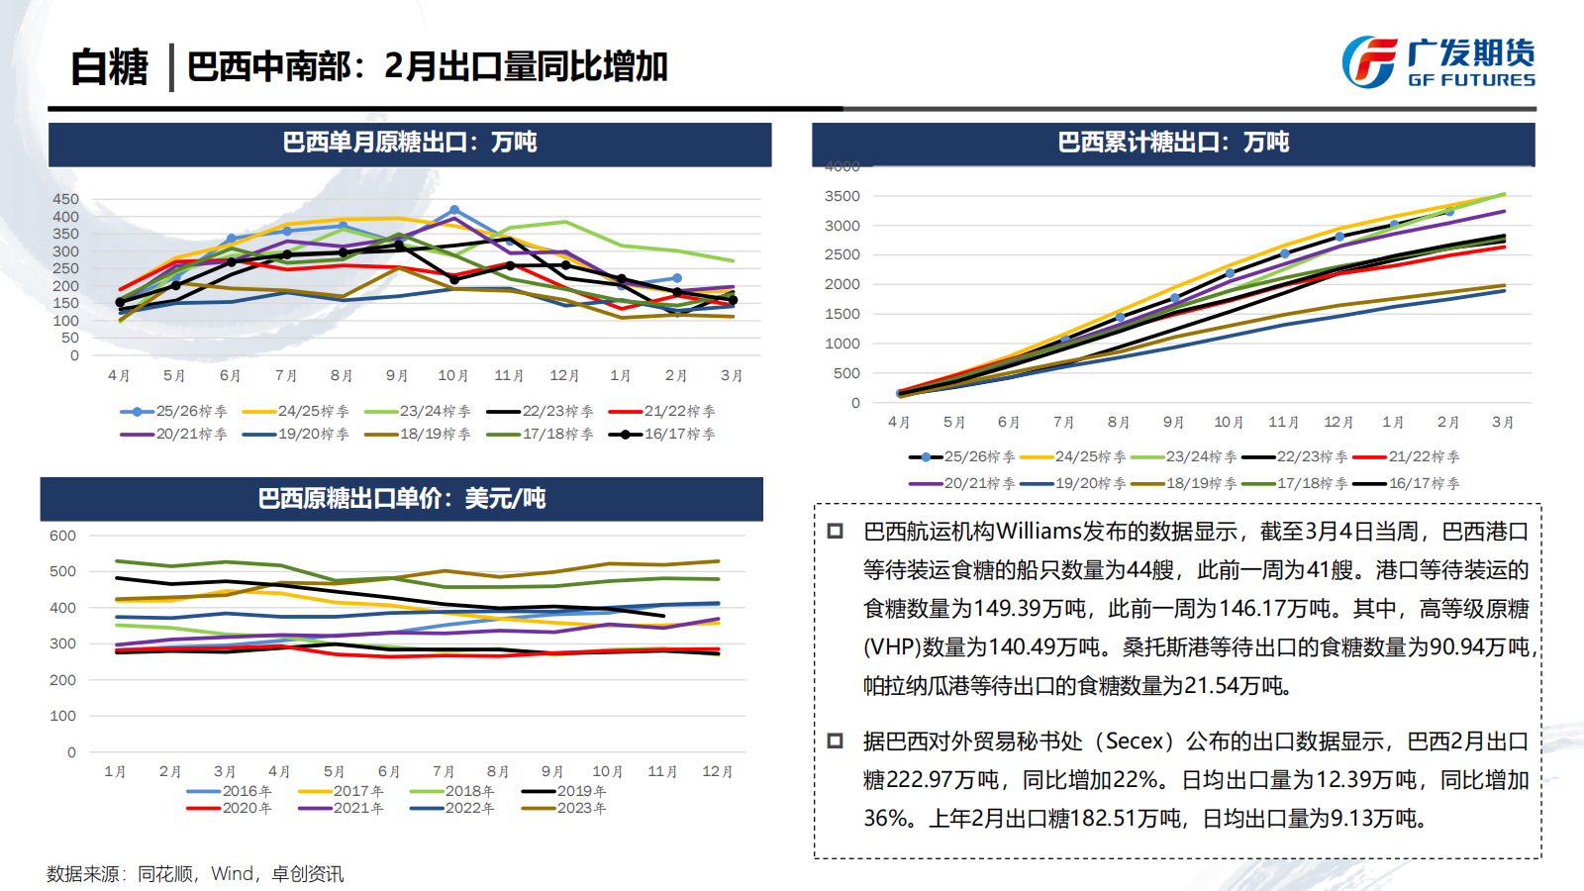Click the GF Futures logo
point(1437,62)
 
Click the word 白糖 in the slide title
point(109,67)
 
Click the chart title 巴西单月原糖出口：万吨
point(409,143)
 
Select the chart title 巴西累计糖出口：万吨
point(1173,143)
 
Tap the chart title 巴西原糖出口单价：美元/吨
point(401,498)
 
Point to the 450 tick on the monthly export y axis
point(65,199)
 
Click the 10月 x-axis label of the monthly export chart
point(452,376)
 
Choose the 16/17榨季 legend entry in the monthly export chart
point(662,434)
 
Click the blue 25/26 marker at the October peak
point(454,210)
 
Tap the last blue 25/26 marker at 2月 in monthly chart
point(677,278)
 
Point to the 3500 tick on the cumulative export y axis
point(841,196)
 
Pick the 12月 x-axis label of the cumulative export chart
point(1338,423)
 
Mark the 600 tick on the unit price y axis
point(62,536)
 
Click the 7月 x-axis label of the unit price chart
point(444,772)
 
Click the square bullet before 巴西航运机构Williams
point(835,532)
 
